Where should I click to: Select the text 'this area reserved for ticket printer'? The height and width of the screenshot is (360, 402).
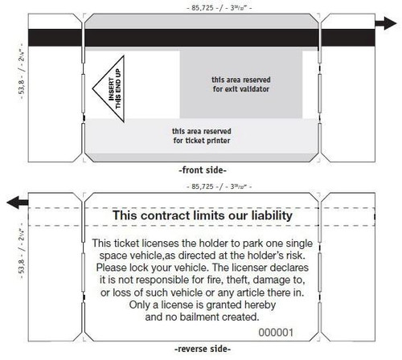click(x=201, y=136)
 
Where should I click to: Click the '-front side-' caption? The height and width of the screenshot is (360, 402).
click(x=200, y=170)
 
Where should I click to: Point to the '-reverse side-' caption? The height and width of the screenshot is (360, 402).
click(x=200, y=350)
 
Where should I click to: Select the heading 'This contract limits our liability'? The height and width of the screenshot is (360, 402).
click(x=201, y=216)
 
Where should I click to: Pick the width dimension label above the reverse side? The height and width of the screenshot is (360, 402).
click(x=201, y=186)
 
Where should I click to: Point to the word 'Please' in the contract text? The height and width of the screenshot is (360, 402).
click(x=110, y=266)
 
